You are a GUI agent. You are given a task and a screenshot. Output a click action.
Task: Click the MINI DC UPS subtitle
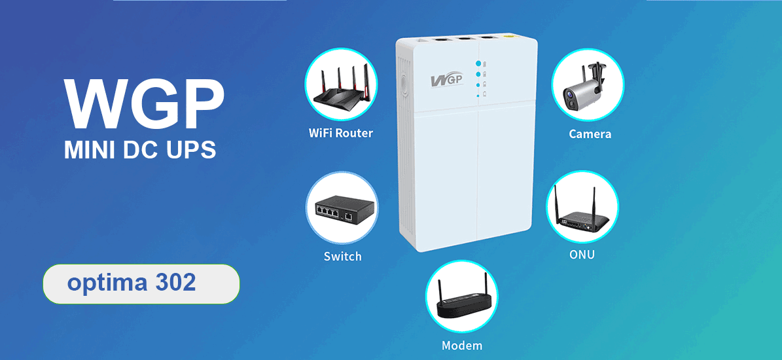(139, 150)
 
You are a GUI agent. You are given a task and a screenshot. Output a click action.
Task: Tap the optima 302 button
(141, 284)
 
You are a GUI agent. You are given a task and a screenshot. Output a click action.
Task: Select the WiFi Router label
(340, 134)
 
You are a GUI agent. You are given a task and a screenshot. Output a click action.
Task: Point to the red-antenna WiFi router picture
(340, 86)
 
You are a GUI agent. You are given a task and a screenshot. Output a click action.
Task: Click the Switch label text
(342, 256)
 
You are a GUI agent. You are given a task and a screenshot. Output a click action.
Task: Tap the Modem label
(462, 345)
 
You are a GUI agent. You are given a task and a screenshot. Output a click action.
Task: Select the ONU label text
(582, 255)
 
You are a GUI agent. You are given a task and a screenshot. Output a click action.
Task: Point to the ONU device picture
(582, 208)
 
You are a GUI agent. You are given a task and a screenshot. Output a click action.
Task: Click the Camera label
(590, 134)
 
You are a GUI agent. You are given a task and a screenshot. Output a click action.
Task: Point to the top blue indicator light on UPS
(478, 63)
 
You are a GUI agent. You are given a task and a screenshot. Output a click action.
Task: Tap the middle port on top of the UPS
(465, 41)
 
